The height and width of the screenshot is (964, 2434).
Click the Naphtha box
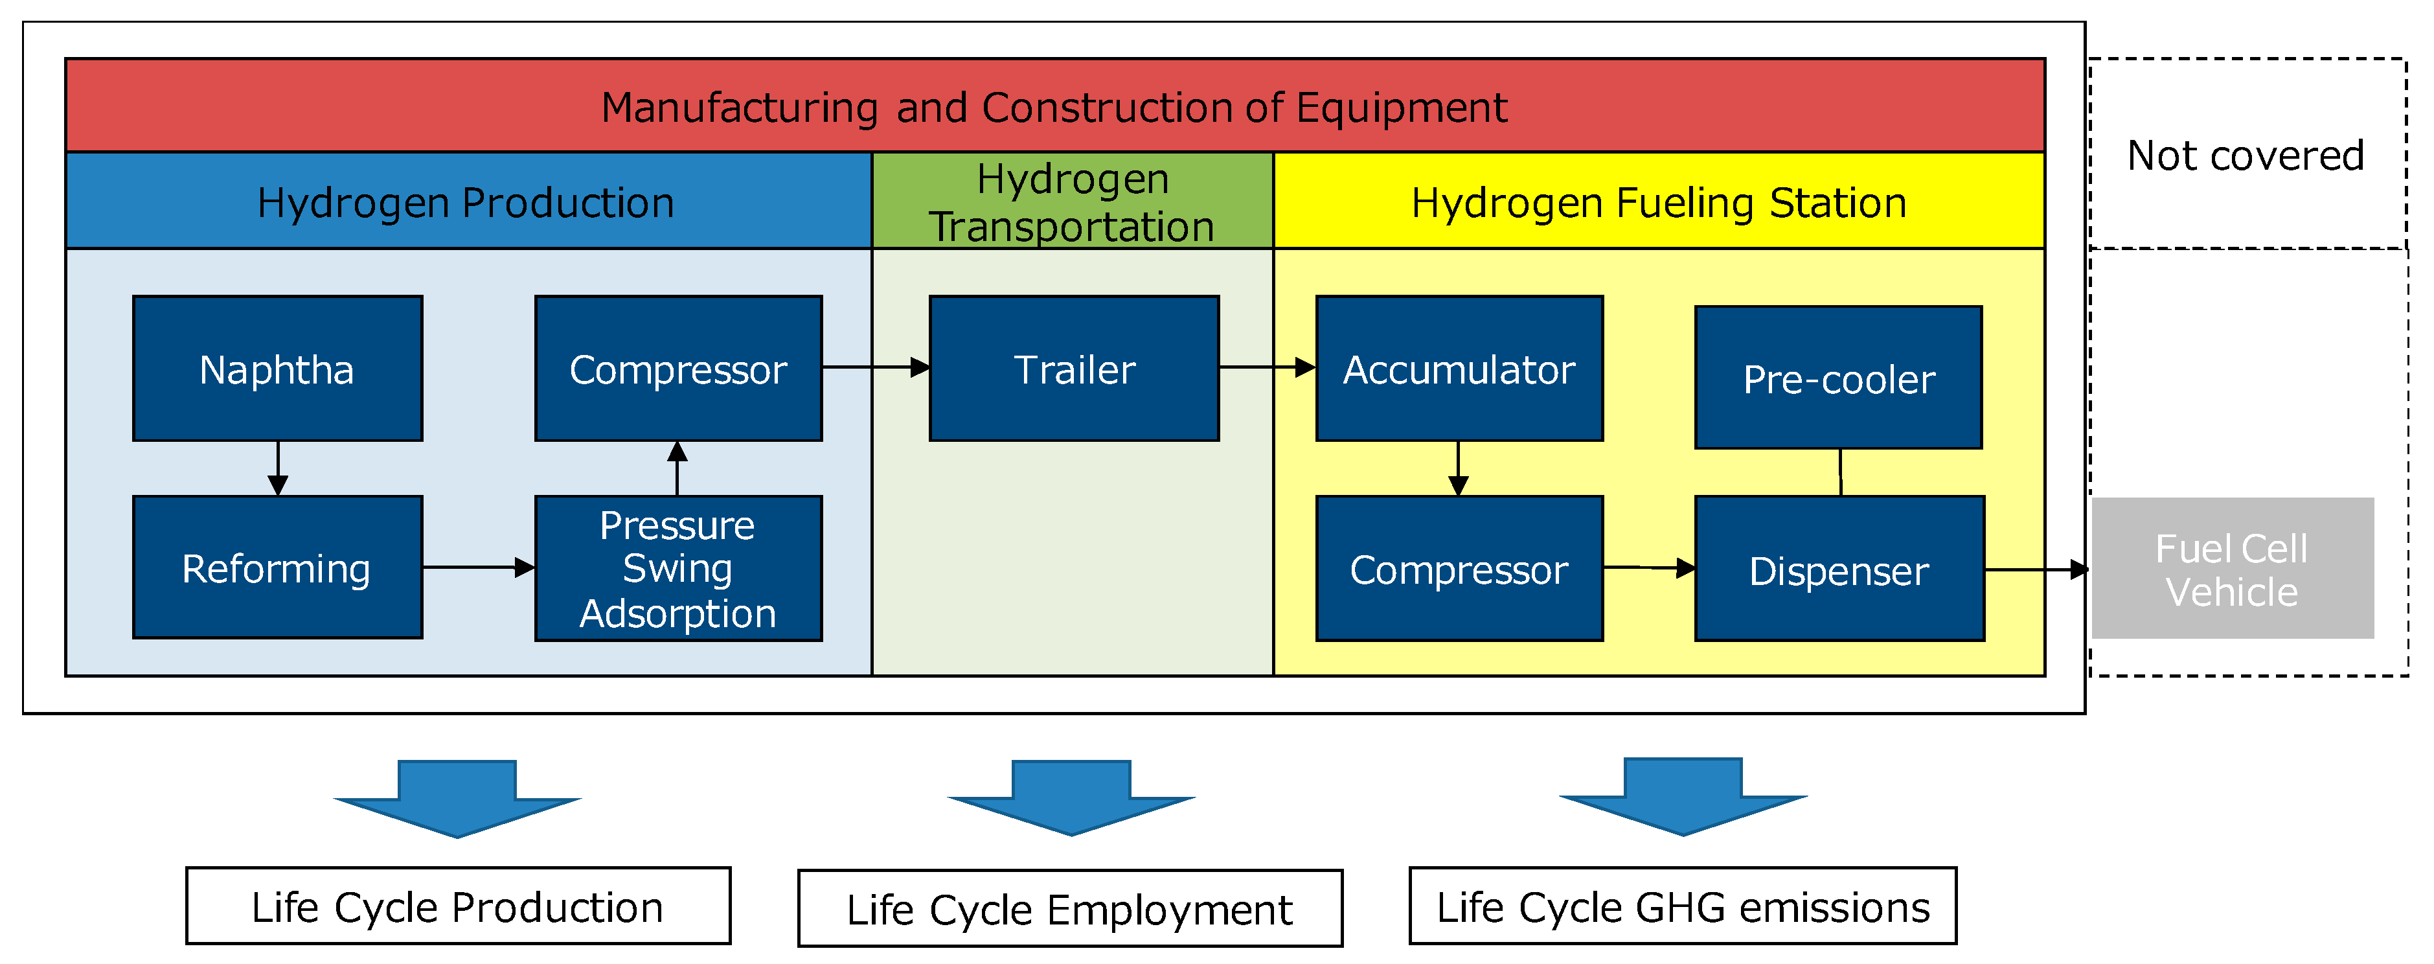(277, 369)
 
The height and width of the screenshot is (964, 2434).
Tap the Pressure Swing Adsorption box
(677, 568)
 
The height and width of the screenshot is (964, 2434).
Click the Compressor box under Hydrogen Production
(677, 369)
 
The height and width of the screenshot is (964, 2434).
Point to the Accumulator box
(1459, 369)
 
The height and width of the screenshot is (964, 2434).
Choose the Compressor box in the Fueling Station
(1459, 569)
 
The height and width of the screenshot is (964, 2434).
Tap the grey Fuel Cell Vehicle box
(2232, 569)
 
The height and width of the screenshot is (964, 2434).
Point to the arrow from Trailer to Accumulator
(1266, 367)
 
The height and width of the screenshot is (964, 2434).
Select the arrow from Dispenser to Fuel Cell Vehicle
(2036, 570)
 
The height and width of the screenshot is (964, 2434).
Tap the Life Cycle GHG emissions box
(1682, 906)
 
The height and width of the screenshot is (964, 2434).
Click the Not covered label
(2245, 155)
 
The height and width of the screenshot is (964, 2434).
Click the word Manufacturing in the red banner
(739, 108)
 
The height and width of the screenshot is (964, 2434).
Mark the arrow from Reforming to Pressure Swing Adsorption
(478, 567)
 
